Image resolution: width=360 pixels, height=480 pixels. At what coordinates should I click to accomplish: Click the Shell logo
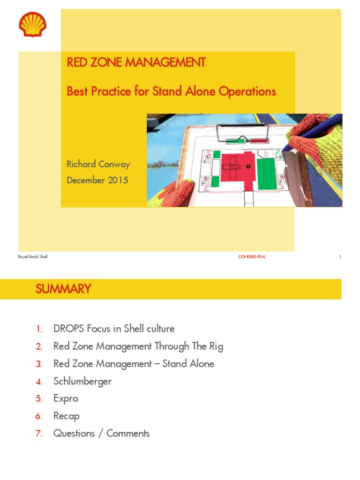coord(32,25)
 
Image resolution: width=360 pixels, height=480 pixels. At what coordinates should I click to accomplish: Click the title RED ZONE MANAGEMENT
coord(136,63)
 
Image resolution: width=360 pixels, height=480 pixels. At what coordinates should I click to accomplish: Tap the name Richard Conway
coord(98,164)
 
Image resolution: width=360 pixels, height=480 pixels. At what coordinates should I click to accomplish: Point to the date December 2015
coord(97,180)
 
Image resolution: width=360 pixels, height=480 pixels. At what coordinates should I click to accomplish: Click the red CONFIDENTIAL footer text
coord(252,257)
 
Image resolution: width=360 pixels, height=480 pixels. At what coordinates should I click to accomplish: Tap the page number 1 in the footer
coord(340,257)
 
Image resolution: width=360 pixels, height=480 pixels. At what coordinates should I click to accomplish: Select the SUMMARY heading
coord(63,289)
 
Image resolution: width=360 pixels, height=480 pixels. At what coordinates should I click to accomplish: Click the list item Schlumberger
coord(82,381)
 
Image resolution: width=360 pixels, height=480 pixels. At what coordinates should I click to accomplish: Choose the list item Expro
coord(66,398)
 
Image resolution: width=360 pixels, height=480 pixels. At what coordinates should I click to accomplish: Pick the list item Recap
coord(66,416)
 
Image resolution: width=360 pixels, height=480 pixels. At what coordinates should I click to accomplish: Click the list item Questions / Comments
coord(101,433)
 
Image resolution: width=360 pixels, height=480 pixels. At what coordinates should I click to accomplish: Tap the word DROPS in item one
coord(69,329)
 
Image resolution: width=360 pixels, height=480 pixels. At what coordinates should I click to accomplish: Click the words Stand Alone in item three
coord(188,364)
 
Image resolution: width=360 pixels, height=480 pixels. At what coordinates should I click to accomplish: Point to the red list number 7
coord(39,434)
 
